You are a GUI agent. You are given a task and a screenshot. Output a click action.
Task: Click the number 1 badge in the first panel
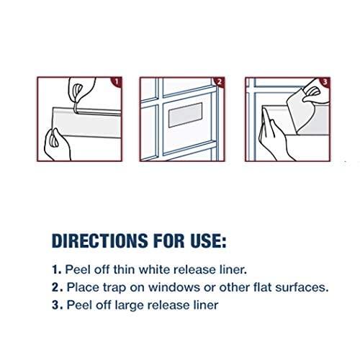pos(117,81)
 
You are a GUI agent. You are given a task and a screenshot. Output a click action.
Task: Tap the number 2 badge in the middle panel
pos(220,81)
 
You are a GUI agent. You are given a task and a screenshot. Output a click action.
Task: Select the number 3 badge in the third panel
pos(325,81)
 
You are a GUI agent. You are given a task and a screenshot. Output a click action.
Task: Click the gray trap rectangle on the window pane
pos(185,115)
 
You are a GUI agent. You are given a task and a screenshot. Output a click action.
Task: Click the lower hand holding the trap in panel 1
pos(57,145)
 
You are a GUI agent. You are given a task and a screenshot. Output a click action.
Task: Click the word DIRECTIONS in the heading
pos(99,240)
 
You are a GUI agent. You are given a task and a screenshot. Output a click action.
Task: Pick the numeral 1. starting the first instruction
pos(57,270)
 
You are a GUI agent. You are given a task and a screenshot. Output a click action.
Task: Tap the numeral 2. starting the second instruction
pos(58,287)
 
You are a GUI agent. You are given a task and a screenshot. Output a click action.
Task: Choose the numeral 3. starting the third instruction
pos(58,305)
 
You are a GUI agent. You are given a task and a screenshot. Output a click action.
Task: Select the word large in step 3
pos(130,306)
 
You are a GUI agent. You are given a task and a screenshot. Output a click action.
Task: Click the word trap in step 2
pos(114,288)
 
